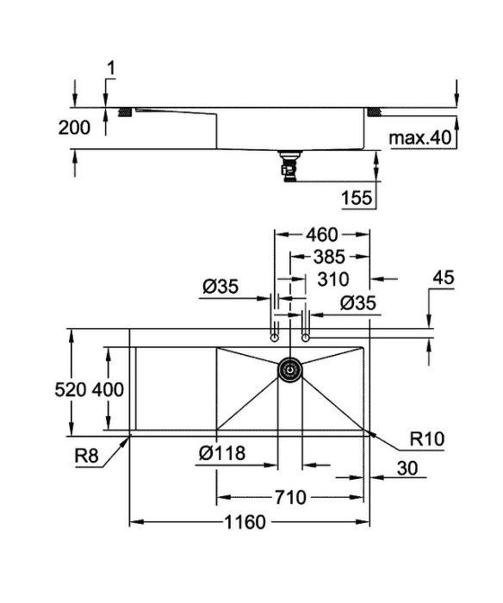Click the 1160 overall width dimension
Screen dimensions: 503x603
(x=245, y=522)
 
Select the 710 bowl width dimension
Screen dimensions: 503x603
(x=290, y=498)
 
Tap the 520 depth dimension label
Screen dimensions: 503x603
(x=71, y=389)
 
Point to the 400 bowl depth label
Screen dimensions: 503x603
(x=108, y=389)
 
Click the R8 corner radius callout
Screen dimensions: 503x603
(x=86, y=456)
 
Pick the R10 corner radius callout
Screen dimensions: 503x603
(x=427, y=438)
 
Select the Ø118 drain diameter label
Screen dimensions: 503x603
(x=222, y=453)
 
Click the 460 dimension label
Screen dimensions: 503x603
(x=322, y=234)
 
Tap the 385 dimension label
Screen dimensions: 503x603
(x=329, y=258)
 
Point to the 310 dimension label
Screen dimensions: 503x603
(x=333, y=280)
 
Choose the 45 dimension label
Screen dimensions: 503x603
(x=444, y=277)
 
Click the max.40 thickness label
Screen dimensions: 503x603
(x=420, y=138)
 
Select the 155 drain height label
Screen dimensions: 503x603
(x=357, y=198)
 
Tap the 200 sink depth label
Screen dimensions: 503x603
(x=74, y=127)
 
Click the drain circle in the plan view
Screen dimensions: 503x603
(x=289, y=370)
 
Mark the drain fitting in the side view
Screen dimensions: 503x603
(x=290, y=165)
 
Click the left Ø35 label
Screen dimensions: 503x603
(x=220, y=287)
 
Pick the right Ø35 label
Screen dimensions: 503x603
(x=358, y=303)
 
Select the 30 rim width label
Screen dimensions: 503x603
(x=407, y=469)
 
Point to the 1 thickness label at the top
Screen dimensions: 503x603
(x=111, y=69)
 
